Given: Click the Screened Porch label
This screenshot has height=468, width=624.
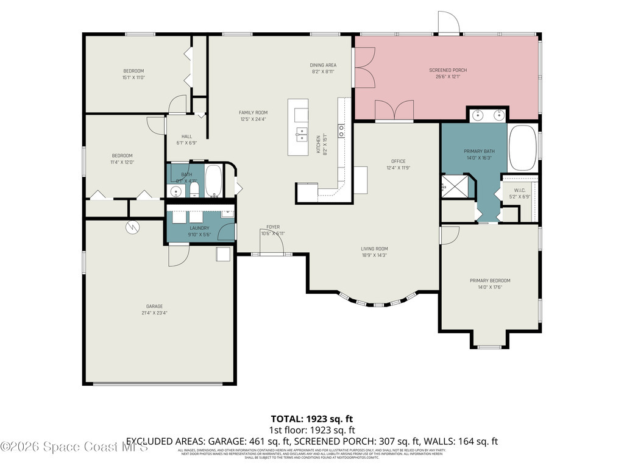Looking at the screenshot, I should click(x=447, y=70).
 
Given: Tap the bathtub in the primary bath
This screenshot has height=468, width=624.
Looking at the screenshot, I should click(x=522, y=148).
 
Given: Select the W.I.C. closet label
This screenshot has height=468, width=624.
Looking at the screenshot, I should click(x=519, y=190).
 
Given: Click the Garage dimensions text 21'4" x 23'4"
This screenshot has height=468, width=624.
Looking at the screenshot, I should click(x=154, y=313).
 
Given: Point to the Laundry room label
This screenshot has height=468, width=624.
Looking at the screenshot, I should click(x=199, y=228).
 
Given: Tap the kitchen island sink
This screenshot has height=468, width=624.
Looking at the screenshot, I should click(x=302, y=134).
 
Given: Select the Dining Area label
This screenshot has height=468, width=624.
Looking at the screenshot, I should click(x=323, y=65).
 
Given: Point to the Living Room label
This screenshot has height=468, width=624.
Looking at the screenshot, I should click(x=374, y=249).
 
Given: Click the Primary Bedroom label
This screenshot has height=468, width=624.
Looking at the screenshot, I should click(x=489, y=280).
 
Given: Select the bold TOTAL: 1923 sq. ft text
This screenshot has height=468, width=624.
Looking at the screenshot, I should click(x=311, y=419).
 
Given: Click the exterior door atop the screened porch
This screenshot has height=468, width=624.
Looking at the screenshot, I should click(x=450, y=23).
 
